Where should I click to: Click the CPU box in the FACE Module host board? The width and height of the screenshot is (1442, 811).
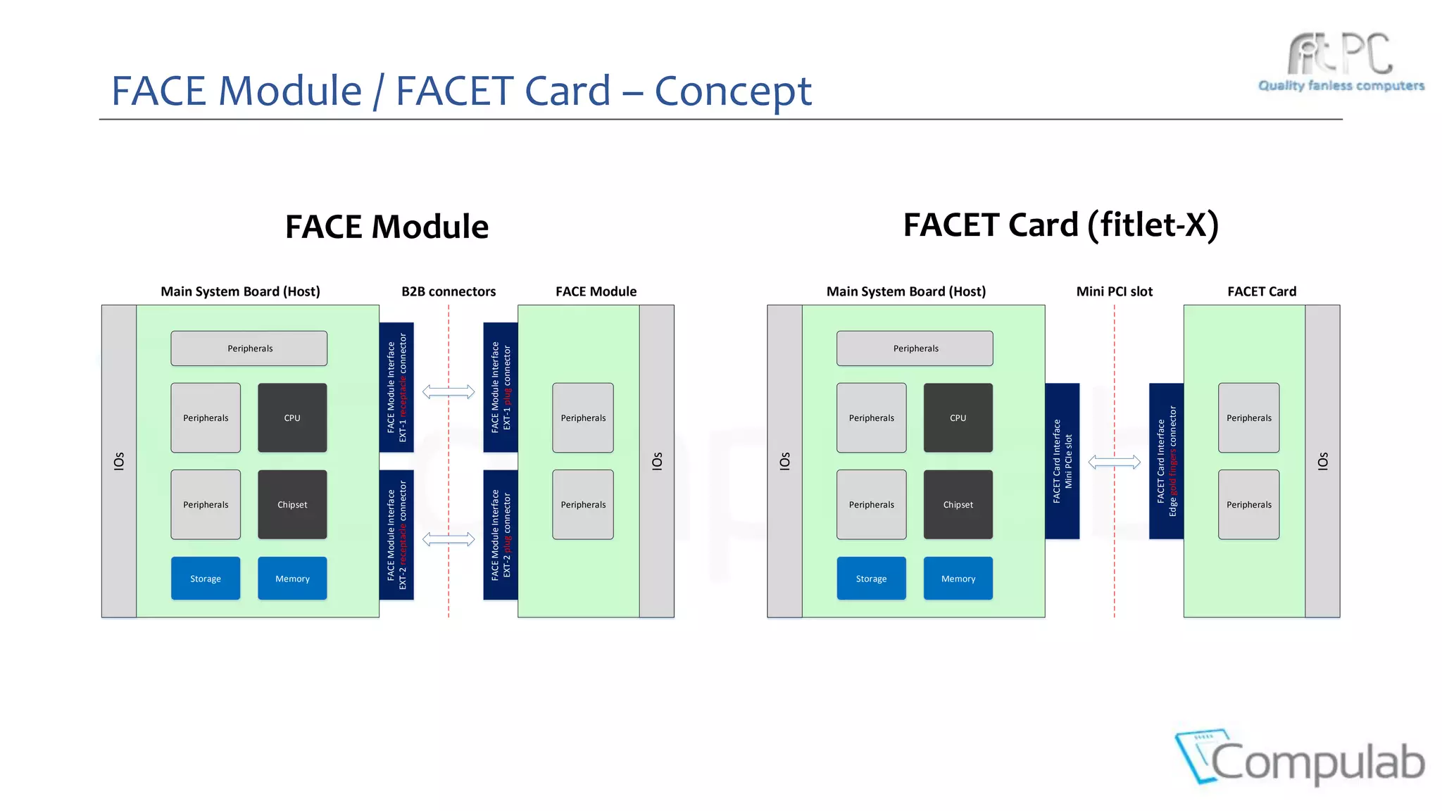point(292,417)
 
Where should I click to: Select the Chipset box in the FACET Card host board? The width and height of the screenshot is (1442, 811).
point(958,504)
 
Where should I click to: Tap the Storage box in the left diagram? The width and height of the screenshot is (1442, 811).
point(206,578)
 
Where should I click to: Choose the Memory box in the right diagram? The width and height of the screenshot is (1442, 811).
point(958,578)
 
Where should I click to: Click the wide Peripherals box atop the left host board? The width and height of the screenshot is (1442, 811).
point(249,348)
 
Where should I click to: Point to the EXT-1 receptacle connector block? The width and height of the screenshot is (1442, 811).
point(396,387)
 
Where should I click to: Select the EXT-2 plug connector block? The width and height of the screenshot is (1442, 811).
point(501,535)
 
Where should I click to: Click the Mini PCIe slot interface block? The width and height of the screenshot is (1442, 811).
point(1062,461)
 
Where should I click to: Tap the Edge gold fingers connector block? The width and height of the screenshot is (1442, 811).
point(1166,461)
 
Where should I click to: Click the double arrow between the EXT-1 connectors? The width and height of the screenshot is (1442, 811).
point(449,392)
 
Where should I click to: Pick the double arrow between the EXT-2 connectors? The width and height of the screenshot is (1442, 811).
point(449,540)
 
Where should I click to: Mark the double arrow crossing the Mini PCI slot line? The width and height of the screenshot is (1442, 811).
point(1114,462)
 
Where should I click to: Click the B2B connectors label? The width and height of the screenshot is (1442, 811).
point(449,291)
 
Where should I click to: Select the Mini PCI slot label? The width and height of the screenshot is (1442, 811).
point(1114,291)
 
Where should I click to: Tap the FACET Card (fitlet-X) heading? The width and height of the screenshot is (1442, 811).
point(1060,225)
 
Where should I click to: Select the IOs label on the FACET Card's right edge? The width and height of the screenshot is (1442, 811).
point(1322,461)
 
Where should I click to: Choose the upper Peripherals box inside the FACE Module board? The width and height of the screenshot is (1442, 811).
point(583,417)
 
